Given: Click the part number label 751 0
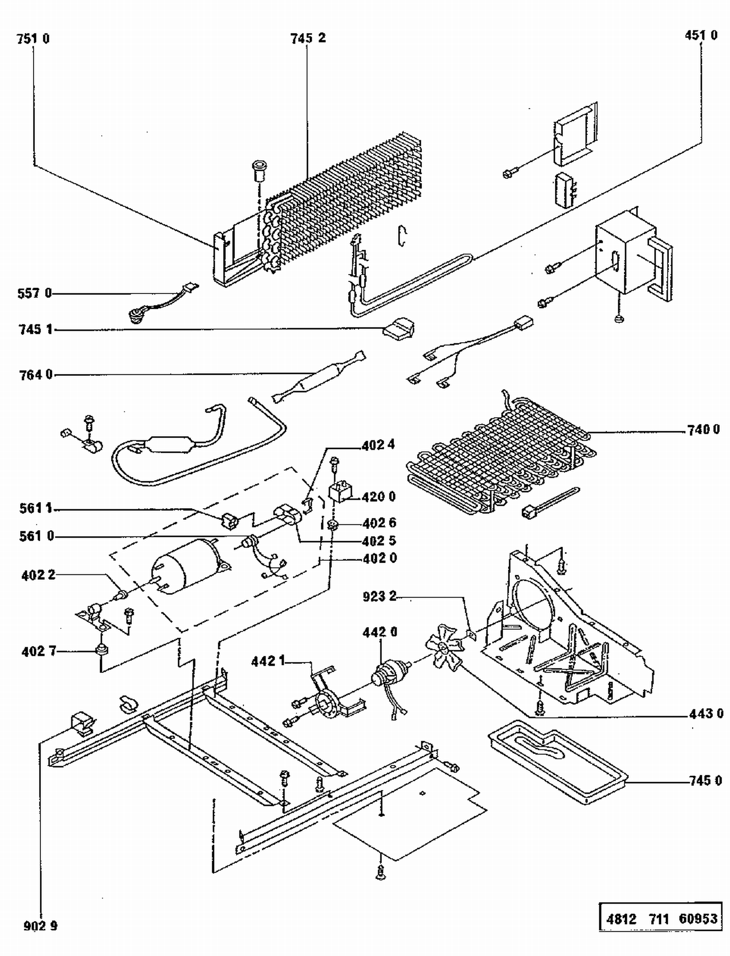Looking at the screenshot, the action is click(33, 39).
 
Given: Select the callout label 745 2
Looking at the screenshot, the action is click(308, 38).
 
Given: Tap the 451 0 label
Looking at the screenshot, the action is click(701, 36).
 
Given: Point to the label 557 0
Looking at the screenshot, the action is click(34, 294).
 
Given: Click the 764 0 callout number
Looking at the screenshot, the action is click(36, 375).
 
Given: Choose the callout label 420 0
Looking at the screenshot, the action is click(379, 497).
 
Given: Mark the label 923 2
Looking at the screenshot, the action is click(380, 596).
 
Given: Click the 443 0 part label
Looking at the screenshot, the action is click(706, 714).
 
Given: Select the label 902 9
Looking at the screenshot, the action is click(40, 926).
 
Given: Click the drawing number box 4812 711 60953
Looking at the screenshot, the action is click(661, 918).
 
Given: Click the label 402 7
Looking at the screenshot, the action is click(38, 651).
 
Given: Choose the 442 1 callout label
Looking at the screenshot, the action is click(268, 662).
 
